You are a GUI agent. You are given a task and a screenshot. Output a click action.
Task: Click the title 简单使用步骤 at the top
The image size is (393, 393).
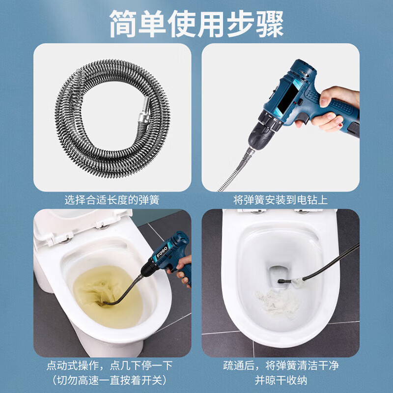pyautogui.click(x=196, y=24)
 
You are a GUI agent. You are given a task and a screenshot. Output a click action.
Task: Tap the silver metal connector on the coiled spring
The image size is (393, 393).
pyautogui.click(x=144, y=110)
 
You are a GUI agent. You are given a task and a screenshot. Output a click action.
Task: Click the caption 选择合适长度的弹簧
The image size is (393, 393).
pyautogui.click(x=112, y=200)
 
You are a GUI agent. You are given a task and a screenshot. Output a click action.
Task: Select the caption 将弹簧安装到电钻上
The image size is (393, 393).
pyautogui.click(x=281, y=200)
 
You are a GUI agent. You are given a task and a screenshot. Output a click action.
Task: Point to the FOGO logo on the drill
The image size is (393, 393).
pyautogui.click(x=162, y=252)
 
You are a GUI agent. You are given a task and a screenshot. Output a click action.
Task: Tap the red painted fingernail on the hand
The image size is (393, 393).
pyautogui.click(x=340, y=125)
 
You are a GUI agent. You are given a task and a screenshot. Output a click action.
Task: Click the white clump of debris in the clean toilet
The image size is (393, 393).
pyautogui.click(x=277, y=303)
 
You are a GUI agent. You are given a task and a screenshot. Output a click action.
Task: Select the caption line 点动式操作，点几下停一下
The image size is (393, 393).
pyautogui.click(x=110, y=365)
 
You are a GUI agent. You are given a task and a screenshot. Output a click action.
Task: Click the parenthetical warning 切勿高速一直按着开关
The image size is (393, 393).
pyautogui.click(x=110, y=380)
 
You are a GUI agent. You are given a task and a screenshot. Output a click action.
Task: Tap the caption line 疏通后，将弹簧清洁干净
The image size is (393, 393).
pyautogui.click(x=281, y=365)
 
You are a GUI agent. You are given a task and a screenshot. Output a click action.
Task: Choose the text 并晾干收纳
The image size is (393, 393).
pyautogui.click(x=281, y=380)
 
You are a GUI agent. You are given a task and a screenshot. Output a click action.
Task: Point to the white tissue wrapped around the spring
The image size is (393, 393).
pyautogui.click(x=298, y=281)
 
